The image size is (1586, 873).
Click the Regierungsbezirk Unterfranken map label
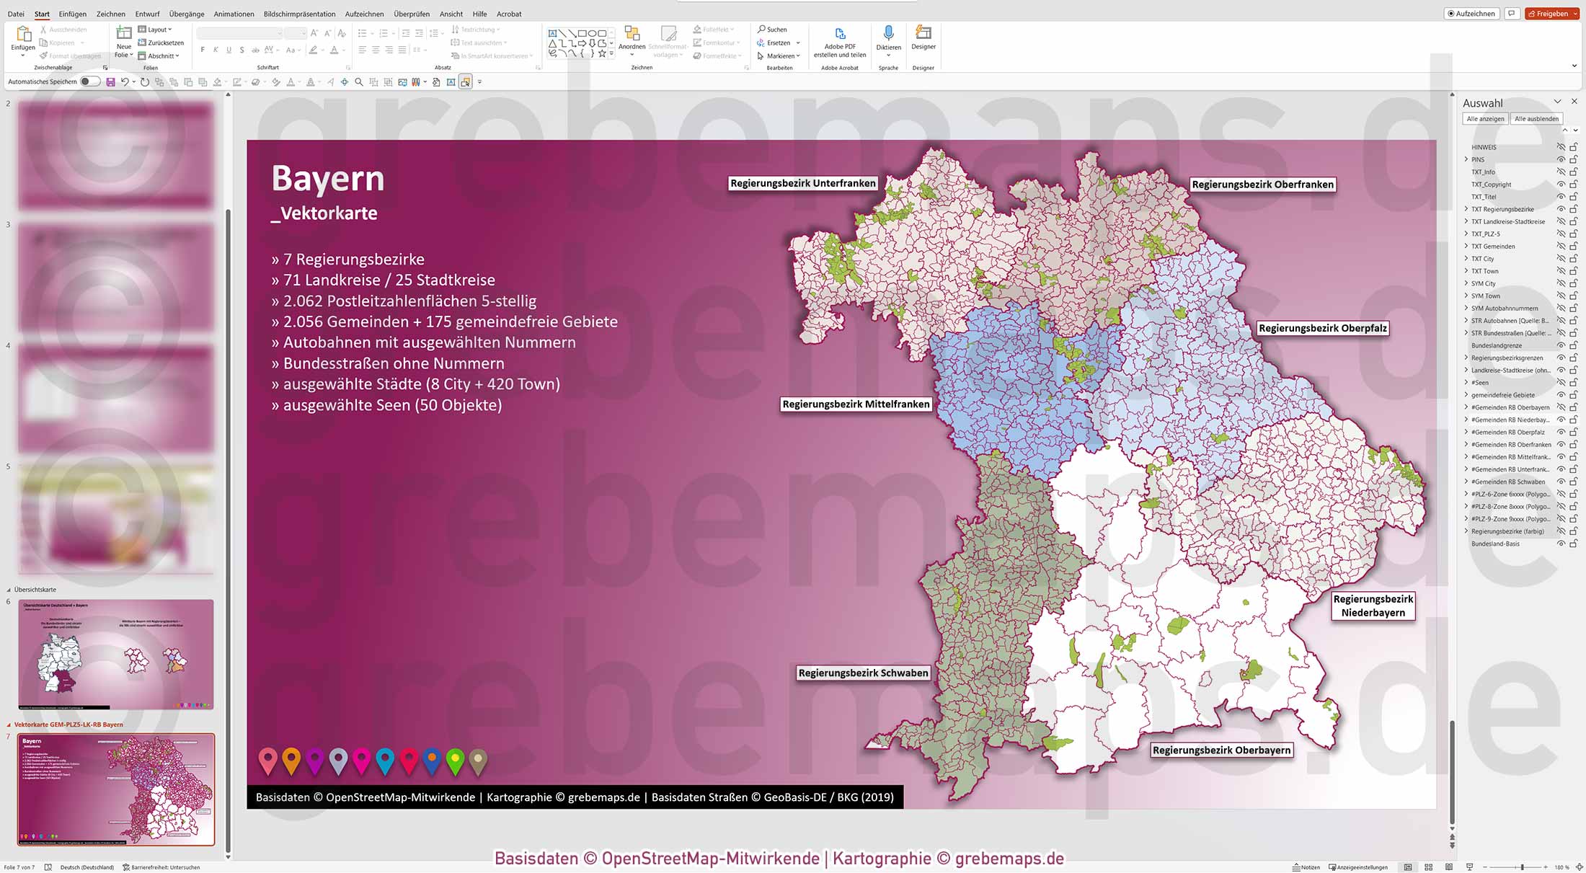click(802, 183)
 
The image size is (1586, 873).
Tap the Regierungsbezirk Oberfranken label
click(1262, 185)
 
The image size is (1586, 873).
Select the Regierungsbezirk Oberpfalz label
click(1322, 328)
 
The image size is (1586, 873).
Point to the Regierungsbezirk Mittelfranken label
click(856, 404)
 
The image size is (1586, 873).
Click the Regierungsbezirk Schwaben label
click(863, 673)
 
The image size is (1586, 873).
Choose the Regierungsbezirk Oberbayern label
click(1221, 750)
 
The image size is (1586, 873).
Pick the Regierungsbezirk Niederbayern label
click(1373, 606)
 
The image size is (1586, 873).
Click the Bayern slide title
click(328, 178)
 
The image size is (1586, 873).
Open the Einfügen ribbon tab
click(72, 14)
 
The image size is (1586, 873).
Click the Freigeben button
click(1551, 14)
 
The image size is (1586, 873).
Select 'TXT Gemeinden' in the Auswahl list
click(1493, 247)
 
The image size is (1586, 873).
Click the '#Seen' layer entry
click(1480, 383)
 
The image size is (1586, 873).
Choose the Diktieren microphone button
click(888, 39)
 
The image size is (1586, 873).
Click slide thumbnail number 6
click(115, 654)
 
